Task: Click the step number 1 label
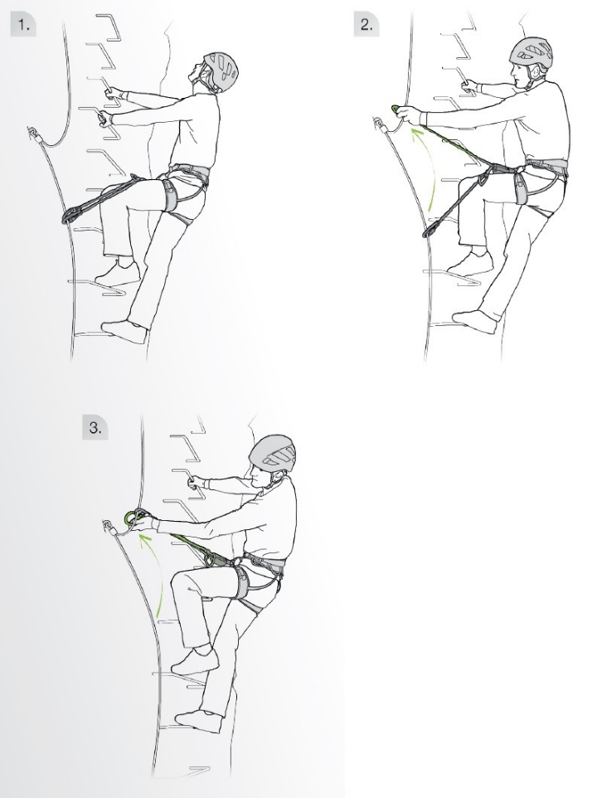(24, 24)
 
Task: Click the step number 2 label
(366, 24)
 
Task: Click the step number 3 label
(95, 427)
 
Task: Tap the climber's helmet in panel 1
(221, 70)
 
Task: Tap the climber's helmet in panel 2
(531, 53)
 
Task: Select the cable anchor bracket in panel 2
(378, 124)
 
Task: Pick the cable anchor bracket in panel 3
(108, 525)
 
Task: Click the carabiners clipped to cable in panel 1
(71, 214)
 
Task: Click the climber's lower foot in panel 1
(124, 331)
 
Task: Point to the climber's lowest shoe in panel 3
(200, 721)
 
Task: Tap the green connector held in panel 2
(396, 109)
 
